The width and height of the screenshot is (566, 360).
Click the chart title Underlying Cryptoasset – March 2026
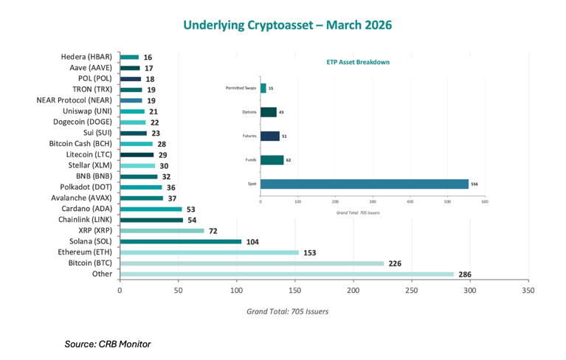pyautogui.click(x=288, y=25)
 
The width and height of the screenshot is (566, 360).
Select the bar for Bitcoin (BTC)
pyautogui.click(x=252, y=263)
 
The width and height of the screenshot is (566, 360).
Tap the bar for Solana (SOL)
pyautogui.click(x=180, y=241)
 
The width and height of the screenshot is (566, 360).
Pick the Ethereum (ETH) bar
pyautogui.click(x=209, y=252)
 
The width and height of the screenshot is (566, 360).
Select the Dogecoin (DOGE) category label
pyautogui.click(x=84, y=122)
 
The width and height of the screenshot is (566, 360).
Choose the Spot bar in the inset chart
pyautogui.click(x=364, y=184)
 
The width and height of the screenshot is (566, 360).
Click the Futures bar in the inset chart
pyautogui.click(x=269, y=136)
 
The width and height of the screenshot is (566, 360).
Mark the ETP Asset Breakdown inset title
pyautogui.click(x=358, y=63)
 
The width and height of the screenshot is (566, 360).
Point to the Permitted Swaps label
pyautogui.click(x=241, y=89)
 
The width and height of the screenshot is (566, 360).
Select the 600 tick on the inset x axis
pyautogui.click(x=484, y=201)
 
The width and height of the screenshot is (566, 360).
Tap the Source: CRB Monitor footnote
pyautogui.click(x=108, y=343)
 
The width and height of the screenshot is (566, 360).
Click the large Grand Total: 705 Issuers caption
pyautogui.click(x=287, y=311)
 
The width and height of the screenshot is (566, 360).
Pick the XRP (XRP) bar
pyautogui.click(x=162, y=230)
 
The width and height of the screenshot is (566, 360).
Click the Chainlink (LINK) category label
pyautogui.click(x=85, y=219)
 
